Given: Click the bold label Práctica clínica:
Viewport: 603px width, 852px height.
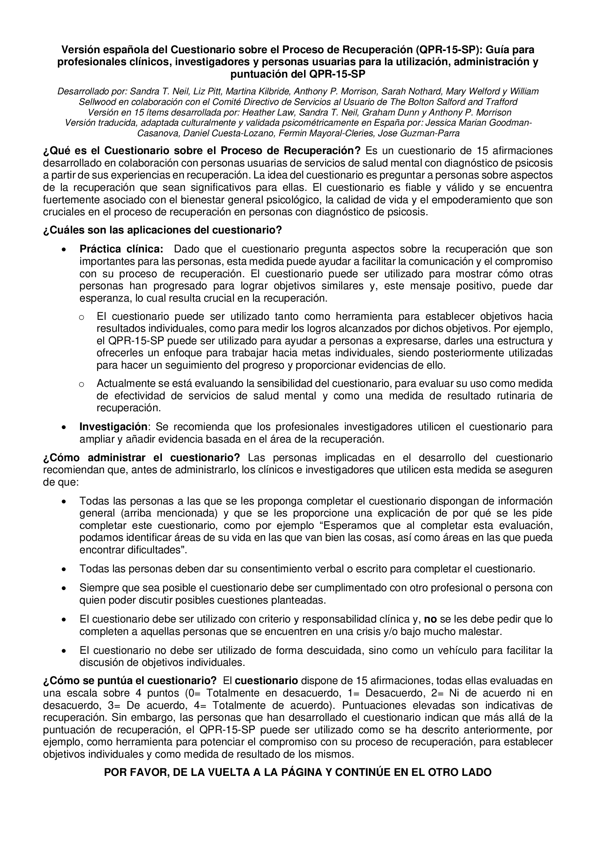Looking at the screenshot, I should pyautogui.click(x=121, y=249).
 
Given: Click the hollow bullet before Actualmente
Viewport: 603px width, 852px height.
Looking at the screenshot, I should pyautogui.click(x=81, y=384).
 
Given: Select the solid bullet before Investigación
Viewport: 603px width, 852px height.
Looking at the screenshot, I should pyautogui.click(x=65, y=428).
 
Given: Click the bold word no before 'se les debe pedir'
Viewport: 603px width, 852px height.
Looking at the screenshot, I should pyautogui.click(x=430, y=619).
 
